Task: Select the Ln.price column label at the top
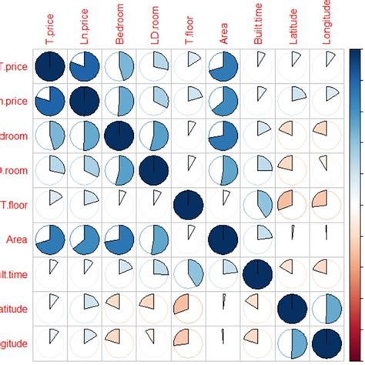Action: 85,23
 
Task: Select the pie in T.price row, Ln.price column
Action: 84,67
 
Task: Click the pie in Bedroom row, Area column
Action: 223,136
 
